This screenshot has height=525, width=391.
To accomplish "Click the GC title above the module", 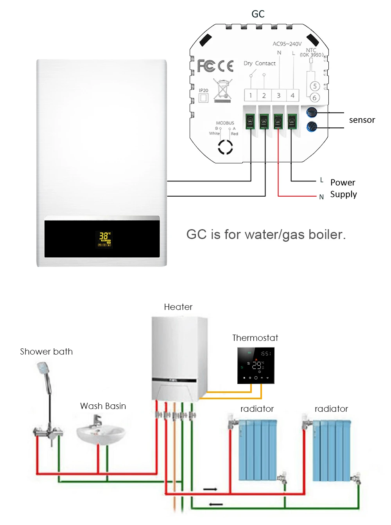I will point(258,14).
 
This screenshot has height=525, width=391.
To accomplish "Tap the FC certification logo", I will point(206,66).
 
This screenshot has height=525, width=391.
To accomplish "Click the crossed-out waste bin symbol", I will point(222,91).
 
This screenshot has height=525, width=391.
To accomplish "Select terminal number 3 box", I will point(278,95).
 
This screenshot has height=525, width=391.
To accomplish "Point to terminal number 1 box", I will point(251,95).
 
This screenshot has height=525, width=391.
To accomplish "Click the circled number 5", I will point(315,86).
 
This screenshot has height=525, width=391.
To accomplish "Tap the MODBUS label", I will point(225,123).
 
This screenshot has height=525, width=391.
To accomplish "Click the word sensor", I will point(362,120).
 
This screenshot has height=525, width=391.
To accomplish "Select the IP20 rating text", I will point(204,91).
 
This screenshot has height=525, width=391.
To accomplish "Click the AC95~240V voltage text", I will point(287,44).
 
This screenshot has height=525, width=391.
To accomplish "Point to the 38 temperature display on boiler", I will point(104,236).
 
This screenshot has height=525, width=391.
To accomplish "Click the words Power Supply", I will point(343,188).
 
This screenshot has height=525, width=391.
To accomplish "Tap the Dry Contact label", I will point(260,63).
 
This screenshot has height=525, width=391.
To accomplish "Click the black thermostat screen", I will point(256,366).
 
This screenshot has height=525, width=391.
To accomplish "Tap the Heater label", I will point(178,307).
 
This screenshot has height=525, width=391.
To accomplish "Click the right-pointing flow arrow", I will point(210,489).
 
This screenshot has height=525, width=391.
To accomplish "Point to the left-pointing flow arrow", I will point(216,504).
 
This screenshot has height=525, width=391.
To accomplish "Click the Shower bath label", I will point(47,351).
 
